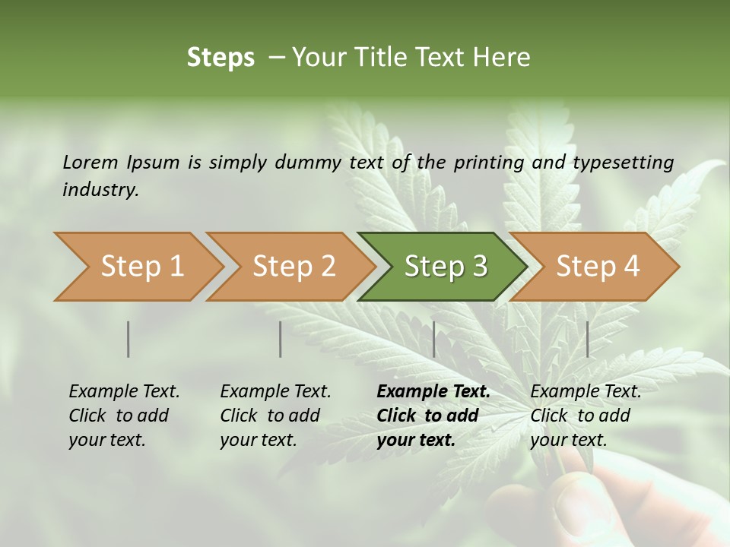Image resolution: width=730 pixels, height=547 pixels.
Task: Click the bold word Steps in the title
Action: click(x=221, y=58)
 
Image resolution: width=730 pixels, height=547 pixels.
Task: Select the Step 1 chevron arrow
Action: click(x=137, y=267)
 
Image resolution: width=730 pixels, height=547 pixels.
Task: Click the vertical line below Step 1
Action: click(x=129, y=339)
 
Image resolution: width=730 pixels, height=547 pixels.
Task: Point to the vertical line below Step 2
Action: click(x=281, y=339)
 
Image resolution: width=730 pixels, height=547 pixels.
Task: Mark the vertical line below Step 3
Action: click(x=434, y=339)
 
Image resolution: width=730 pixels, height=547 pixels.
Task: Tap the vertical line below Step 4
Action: click(x=588, y=339)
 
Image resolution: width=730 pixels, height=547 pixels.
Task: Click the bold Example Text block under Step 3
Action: click(x=433, y=416)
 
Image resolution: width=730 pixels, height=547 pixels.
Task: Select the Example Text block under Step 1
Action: click(x=124, y=416)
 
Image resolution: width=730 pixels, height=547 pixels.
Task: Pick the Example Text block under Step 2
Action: click(x=275, y=416)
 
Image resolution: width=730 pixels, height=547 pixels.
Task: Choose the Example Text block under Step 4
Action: click(x=586, y=416)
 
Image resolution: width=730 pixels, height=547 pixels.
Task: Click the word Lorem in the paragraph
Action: click(x=90, y=162)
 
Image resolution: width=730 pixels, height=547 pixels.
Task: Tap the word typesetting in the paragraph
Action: click(x=623, y=163)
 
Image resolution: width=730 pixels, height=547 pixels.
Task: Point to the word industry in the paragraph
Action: click(x=100, y=190)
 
